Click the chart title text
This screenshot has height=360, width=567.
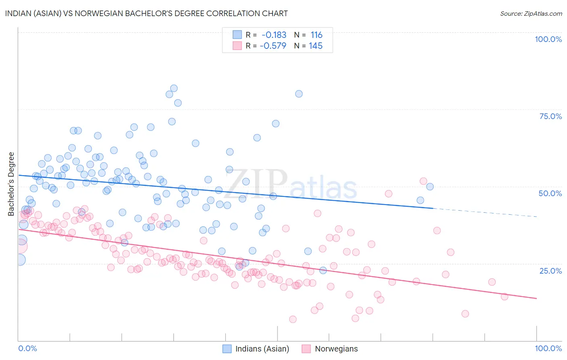[x=146, y=13]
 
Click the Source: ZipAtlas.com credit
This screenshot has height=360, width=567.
[x=531, y=13]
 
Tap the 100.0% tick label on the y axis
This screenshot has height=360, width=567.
[x=548, y=39]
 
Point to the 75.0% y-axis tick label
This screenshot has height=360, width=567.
[x=550, y=116]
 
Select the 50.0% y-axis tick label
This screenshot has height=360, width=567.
[x=550, y=193]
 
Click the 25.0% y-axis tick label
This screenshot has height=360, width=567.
[x=550, y=270]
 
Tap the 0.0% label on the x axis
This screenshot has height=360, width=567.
[x=27, y=348]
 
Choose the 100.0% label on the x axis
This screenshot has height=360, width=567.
[x=548, y=348]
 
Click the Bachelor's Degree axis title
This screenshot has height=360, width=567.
[x=11, y=184]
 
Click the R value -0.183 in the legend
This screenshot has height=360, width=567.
[x=274, y=35]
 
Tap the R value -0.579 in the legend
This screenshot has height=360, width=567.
[x=273, y=46]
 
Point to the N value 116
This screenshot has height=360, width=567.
[x=316, y=35]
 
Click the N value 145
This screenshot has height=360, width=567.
[x=315, y=46]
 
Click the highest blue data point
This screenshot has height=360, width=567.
[x=174, y=88]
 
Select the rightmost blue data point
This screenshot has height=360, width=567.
[x=430, y=186]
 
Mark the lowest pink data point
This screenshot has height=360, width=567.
[x=293, y=319]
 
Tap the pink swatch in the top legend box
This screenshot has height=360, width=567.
[x=237, y=46]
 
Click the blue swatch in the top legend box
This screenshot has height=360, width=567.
[x=237, y=35]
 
